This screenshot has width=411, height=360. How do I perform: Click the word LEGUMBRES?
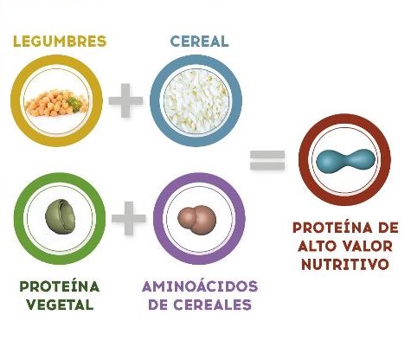tap(60, 42)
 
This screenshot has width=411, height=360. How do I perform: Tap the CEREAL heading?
tap(200, 42)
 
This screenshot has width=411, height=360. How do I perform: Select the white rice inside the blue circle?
tap(196, 100)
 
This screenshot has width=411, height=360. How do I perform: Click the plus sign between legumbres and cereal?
tap(125, 100)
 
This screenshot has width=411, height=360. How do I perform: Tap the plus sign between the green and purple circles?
tap(129, 218)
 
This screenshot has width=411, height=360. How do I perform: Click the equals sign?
tap(267, 159)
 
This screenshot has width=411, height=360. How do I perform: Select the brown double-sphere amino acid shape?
tap(196, 220)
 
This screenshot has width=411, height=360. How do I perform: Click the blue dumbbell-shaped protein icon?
tap(345, 161)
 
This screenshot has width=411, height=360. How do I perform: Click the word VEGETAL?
tap(60, 305)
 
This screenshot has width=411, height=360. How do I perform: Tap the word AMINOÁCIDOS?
tap(200, 286)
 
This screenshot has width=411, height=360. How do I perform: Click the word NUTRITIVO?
tap(345, 264)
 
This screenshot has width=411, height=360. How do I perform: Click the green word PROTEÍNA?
tap(60, 286)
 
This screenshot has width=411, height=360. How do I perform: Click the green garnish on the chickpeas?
tap(74, 101)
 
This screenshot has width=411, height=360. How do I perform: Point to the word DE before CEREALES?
tap(158, 305)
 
